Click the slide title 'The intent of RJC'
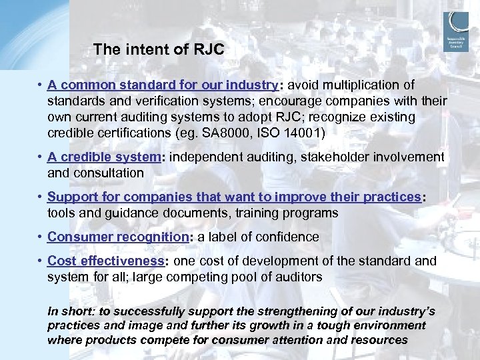159,49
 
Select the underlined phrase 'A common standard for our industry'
162,85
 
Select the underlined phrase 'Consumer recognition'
118,237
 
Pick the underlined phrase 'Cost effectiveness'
106,261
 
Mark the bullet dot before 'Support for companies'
41,197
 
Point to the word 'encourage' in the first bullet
278,101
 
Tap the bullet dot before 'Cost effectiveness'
41,261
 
